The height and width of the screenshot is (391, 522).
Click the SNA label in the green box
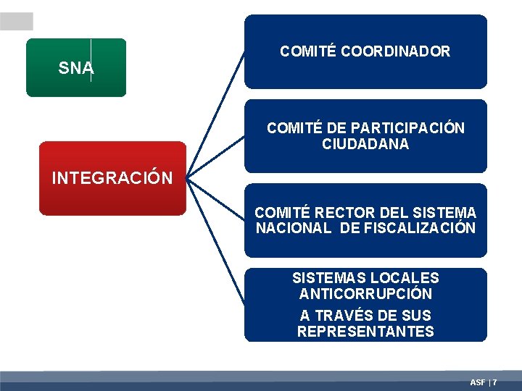click(x=76, y=68)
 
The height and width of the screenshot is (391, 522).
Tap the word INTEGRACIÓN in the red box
click(x=112, y=178)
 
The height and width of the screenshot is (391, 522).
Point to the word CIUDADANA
click(x=365, y=144)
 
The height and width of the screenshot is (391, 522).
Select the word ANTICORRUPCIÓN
click(x=365, y=294)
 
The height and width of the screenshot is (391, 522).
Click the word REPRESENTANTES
click(x=365, y=332)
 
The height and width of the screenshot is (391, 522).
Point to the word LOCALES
click(x=405, y=278)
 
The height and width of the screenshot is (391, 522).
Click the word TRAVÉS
click(x=340, y=316)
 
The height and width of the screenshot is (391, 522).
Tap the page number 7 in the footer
click(x=494, y=382)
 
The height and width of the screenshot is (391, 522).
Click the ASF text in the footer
click(x=477, y=382)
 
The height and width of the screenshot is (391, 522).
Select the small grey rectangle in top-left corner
click(x=17, y=21)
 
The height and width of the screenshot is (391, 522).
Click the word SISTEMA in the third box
click(x=447, y=213)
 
